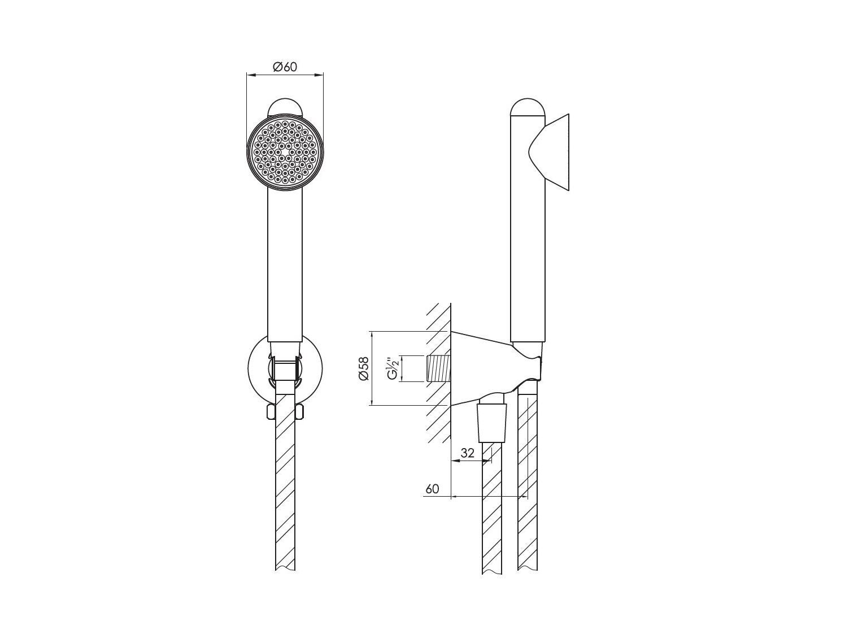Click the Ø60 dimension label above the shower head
(285, 67)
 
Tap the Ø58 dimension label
(363, 368)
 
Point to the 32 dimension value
(467, 453)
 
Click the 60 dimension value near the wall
(432, 489)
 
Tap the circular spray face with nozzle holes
(285, 152)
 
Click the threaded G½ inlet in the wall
(438, 368)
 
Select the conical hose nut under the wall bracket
(493, 423)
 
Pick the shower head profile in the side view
(549, 152)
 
